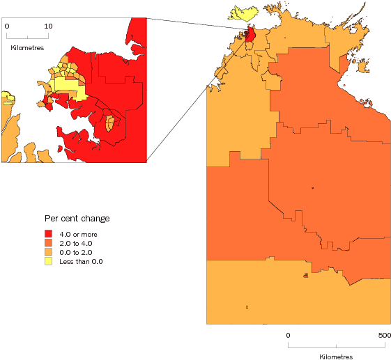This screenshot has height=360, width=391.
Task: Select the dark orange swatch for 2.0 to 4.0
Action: (49, 242)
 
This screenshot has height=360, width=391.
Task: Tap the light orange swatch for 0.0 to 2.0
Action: (49, 251)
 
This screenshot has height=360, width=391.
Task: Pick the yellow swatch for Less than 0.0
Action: (49, 261)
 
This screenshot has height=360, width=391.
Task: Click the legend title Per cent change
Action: (77, 219)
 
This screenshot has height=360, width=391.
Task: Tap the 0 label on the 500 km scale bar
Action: (289, 335)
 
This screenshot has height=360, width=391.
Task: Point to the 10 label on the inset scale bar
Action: (47, 25)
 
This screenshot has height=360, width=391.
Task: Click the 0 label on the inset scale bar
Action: (7, 25)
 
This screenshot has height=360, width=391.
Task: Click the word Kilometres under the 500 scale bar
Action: (337, 356)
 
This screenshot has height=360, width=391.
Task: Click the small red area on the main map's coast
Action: (250, 34)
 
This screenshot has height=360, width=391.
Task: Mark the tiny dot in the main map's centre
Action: (313, 188)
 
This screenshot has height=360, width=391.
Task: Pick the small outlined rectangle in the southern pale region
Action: (247, 307)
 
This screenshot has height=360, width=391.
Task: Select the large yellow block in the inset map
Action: (68, 89)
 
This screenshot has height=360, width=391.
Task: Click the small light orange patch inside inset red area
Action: (110, 123)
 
